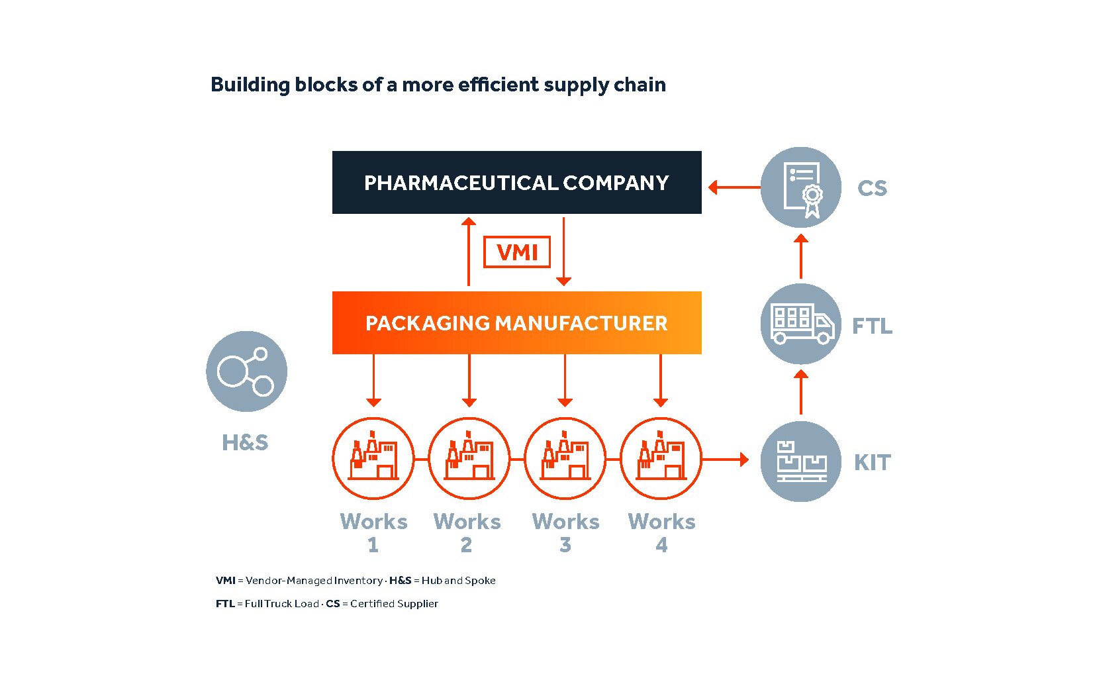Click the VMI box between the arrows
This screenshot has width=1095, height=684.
click(516, 252)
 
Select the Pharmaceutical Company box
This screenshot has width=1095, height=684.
click(516, 182)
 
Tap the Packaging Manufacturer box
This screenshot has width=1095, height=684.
click(516, 322)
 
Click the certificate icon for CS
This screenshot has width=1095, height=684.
click(800, 187)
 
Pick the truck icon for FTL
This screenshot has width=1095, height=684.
click(800, 324)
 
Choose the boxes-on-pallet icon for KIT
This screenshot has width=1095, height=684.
click(800, 461)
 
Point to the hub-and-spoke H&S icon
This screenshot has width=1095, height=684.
click(246, 371)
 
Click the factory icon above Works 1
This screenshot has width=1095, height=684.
click(373, 458)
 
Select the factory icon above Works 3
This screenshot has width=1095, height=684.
click(565, 458)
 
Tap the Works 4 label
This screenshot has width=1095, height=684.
click(661, 532)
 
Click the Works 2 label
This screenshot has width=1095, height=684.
click(467, 532)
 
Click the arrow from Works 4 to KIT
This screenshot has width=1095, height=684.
click(725, 458)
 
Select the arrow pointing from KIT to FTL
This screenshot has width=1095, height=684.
click(800, 392)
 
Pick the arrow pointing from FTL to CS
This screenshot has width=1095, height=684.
click(800, 256)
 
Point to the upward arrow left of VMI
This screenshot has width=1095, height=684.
click(469, 252)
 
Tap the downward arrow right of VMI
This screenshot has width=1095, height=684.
click(563, 252)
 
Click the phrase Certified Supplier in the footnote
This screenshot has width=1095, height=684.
click(394, 603)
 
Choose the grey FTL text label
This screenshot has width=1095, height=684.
click(871, 326)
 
